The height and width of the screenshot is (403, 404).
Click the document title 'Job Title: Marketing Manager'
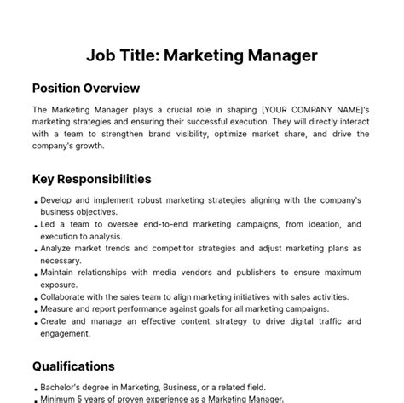tap(202, 55)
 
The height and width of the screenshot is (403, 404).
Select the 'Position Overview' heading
tap(86, 88)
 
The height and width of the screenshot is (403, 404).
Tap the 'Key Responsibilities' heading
tap(92, 179)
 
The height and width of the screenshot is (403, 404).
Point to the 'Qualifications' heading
tap(73, 366)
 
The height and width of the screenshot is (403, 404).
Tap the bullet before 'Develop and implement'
tap(35, 201)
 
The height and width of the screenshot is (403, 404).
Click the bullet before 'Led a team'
tap(35, 225)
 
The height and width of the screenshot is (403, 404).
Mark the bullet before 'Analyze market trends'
tap(35, 250)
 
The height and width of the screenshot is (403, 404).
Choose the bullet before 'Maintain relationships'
tap(35, 273)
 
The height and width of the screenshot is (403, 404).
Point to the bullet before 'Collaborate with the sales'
tap(35, 298)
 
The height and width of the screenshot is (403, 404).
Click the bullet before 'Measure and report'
tap(35, 310)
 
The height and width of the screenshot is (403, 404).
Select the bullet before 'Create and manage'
tap(35, 323)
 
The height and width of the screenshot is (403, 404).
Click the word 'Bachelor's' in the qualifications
tap(66, 386)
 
